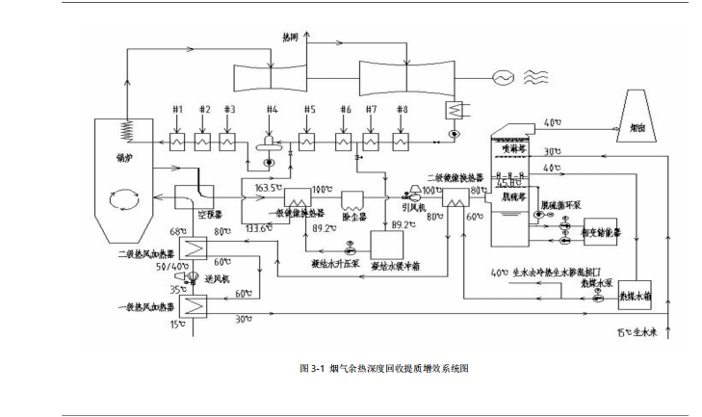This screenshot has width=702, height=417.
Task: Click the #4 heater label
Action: point(273,109)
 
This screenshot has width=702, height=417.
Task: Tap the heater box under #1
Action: point(178,142)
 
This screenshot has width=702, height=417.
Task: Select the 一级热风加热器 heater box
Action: point(197,307)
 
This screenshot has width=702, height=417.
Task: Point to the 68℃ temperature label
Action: point(177,231)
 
